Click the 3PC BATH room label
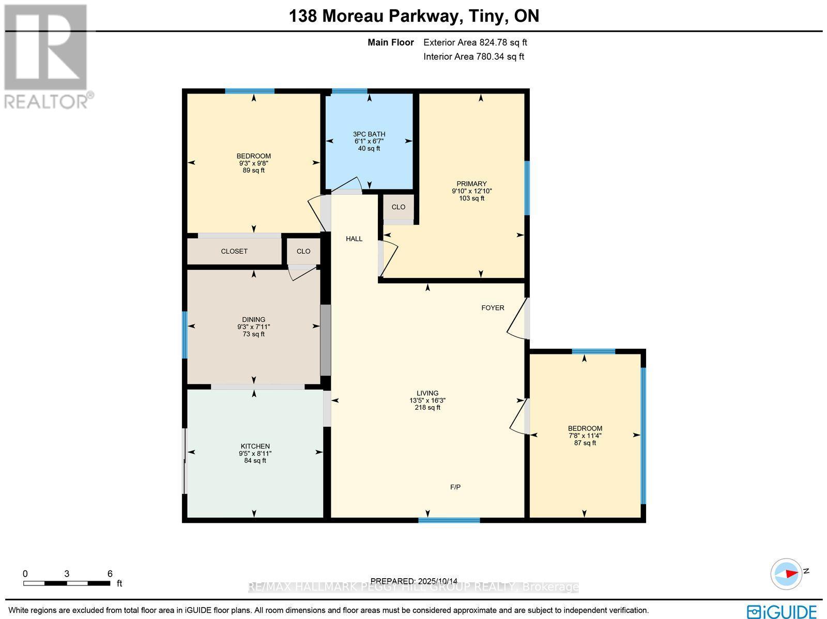click(x=369, y=134)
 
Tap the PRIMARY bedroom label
click(x=471, y=184)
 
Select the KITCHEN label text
click(x=255, y=446)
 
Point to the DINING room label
click(x=253, y=320)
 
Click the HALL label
click(x=354, y=239)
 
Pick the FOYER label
click(x=493, y=308)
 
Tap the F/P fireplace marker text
click(x=455, y=487)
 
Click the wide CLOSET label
click(x=234, y=252)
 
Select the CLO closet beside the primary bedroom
click(x=398, y=207)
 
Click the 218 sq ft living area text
click(x=427, y=408)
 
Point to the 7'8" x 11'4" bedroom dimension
click(x=585, y=436)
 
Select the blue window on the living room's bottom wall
click(x=449, y=520)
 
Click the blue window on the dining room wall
click(x=185, y=335)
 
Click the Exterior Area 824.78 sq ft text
click(x=475, y=43)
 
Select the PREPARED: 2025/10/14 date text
click(x=414, y=581)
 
